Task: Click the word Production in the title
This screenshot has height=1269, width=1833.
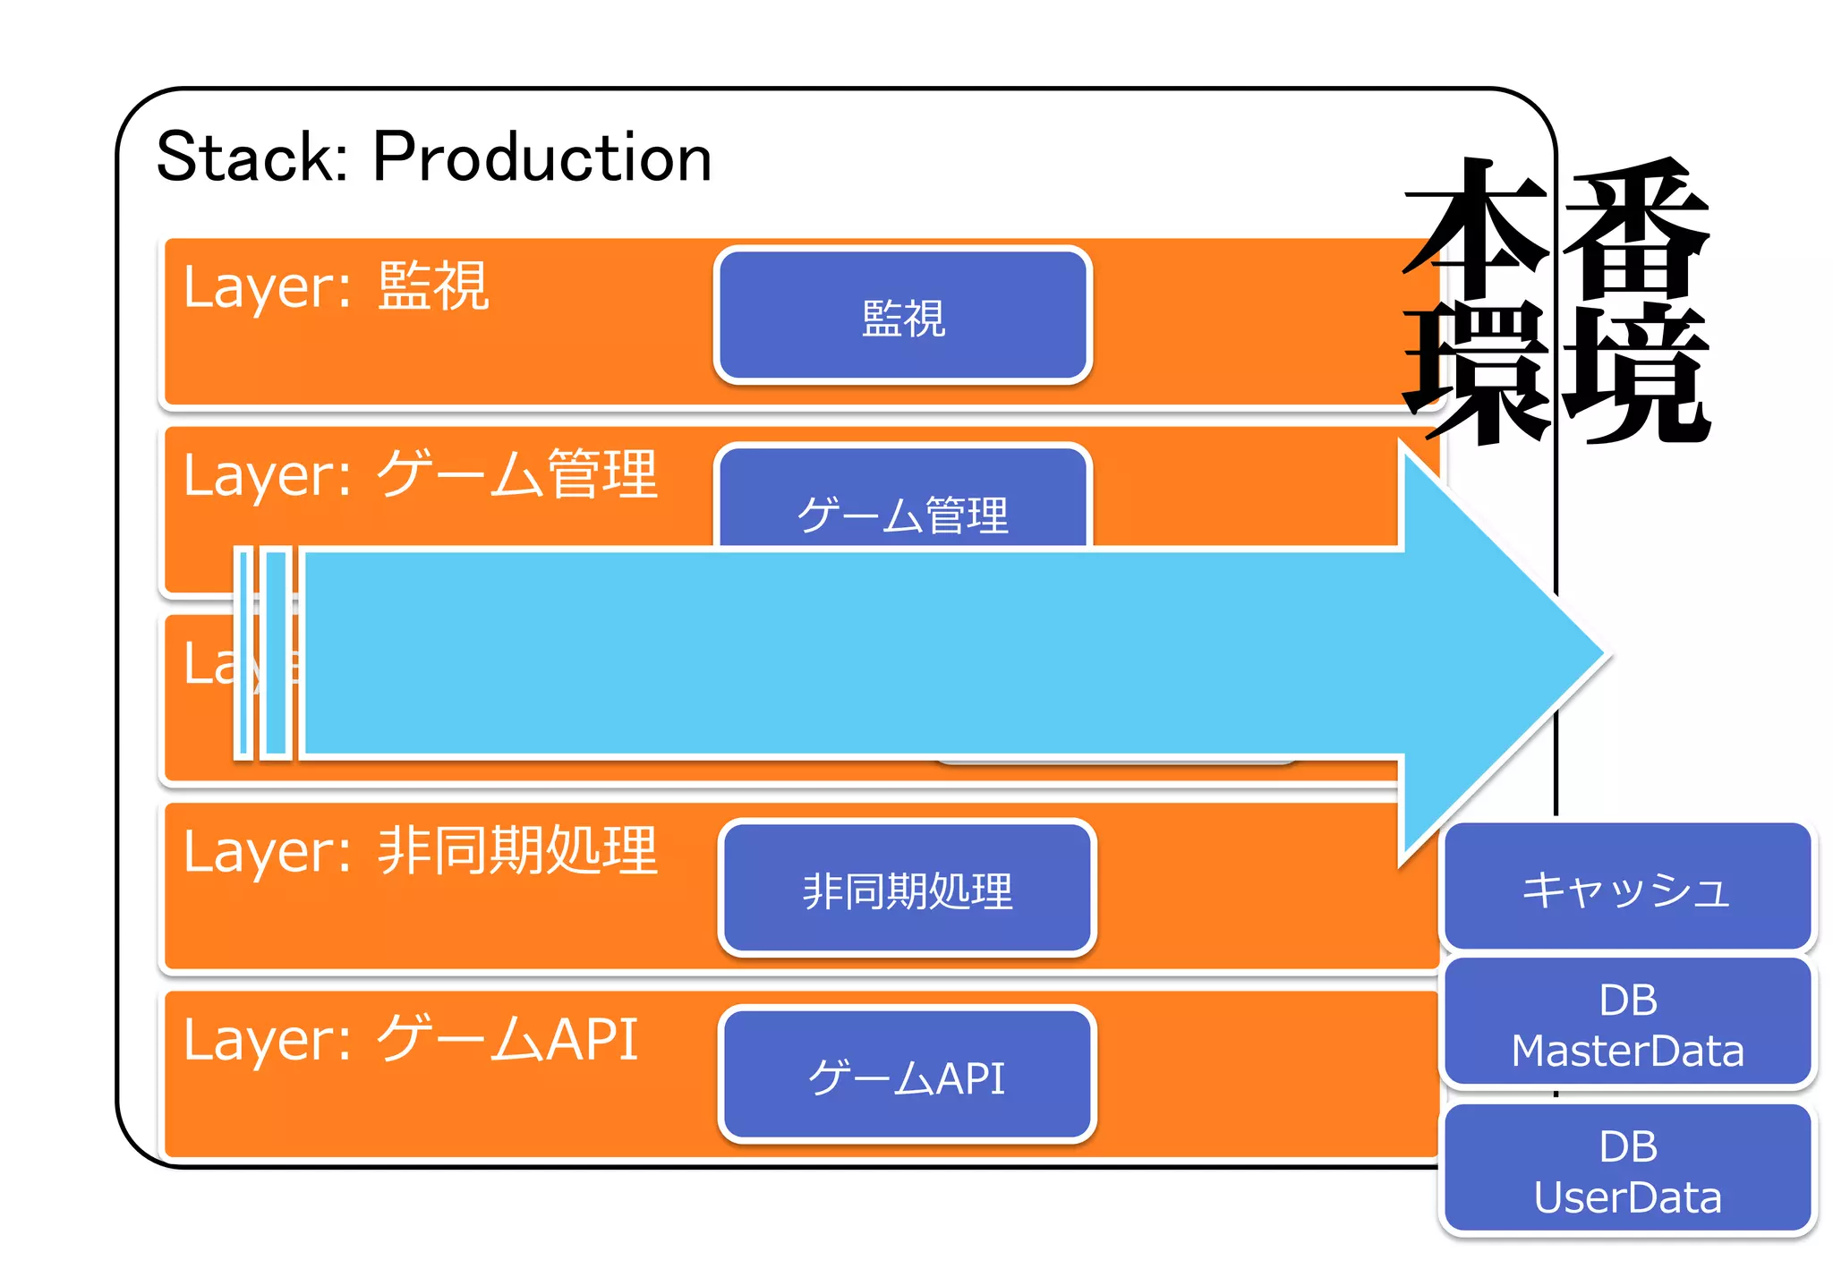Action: pyautogui.click(x=541, y=158)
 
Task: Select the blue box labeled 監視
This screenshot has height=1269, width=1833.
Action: pyautogui.click(x=902, y=315)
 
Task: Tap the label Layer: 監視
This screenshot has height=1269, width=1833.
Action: pyautogui.click(x=336, y=286)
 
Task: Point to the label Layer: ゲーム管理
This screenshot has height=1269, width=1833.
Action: pyautogui.click(x=421, y=474)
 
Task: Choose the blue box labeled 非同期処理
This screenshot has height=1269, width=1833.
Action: pyautogui.click(x=907, y=889)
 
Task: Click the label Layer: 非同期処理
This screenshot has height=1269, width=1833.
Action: pyautogui.click(x=421, y=850)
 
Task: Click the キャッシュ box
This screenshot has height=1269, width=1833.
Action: pyautogui.click(x=1626, y=886)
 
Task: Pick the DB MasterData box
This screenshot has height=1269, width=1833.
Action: pyautogui.click(x=1626, y=1023)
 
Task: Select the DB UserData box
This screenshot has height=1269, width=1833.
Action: pyautogui.click(x=1626, y=1170)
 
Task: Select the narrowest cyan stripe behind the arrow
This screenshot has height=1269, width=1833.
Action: pyautogui.click(x=243, y=653)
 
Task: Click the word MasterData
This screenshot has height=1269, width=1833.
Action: pyautogui.click(x=1626, y=1050)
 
